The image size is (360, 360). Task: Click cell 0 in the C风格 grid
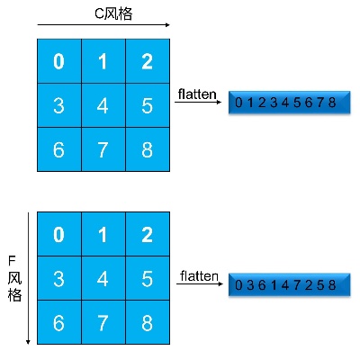[58, 61]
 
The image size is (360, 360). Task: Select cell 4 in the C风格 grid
[103, 105]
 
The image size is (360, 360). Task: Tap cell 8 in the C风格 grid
[147, 149]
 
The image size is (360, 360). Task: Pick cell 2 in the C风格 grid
[147, 61]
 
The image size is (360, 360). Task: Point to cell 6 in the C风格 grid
[58, 149]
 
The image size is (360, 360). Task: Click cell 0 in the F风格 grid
[58, 235]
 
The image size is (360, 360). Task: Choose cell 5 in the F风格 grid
[147, 279]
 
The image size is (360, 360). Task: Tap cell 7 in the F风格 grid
[103, 323]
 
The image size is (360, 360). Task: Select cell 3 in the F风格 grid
[58, 279]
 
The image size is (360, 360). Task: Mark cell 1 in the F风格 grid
[103, 235]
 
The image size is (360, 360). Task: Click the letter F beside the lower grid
[13, 261]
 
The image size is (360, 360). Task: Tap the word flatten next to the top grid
[196, 94]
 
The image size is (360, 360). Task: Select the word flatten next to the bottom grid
[199, 275]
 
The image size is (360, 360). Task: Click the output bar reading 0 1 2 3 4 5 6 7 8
[285, 103]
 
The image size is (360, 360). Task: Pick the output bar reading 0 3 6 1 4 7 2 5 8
[285, 285]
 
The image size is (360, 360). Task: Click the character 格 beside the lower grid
[13, 295]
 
